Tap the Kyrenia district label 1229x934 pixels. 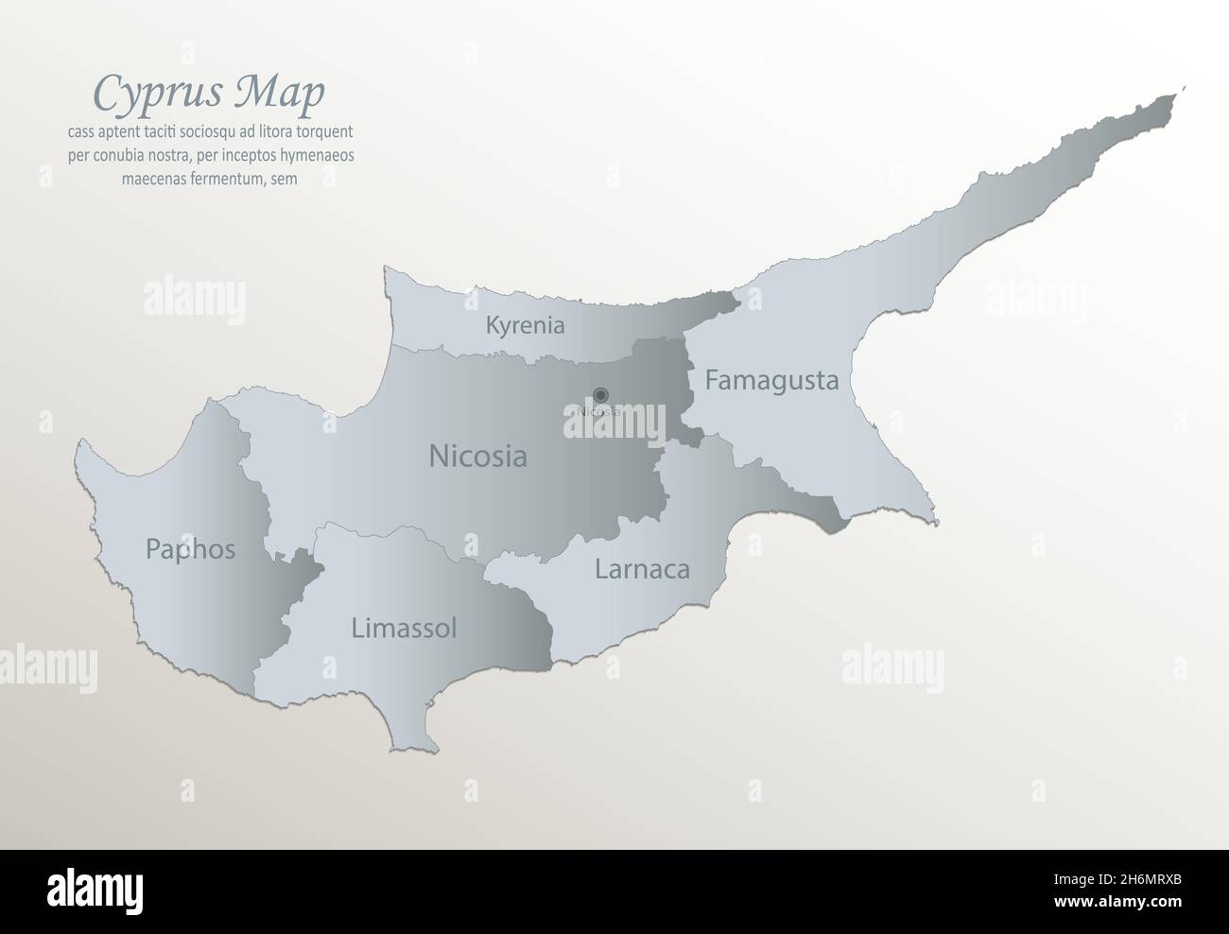pyautogui.click(x=525, y=326)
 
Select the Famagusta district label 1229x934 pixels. pyautogui.click(x=771, y=381)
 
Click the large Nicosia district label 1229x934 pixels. pyautogui.click(x=477, y=457)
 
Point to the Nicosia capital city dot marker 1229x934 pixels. pyautogui.click(x=600, y=395)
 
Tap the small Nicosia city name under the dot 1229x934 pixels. pyautogui.click(x=599, y=411)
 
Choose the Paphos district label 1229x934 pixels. pyautogui.click(x=190, y=549)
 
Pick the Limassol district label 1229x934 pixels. pyautogui.click(x=404, y=628)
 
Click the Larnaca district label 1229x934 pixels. pyautogui.click(x=642, y=569)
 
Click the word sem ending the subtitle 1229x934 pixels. pyautogui.click(x=286, y=178)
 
